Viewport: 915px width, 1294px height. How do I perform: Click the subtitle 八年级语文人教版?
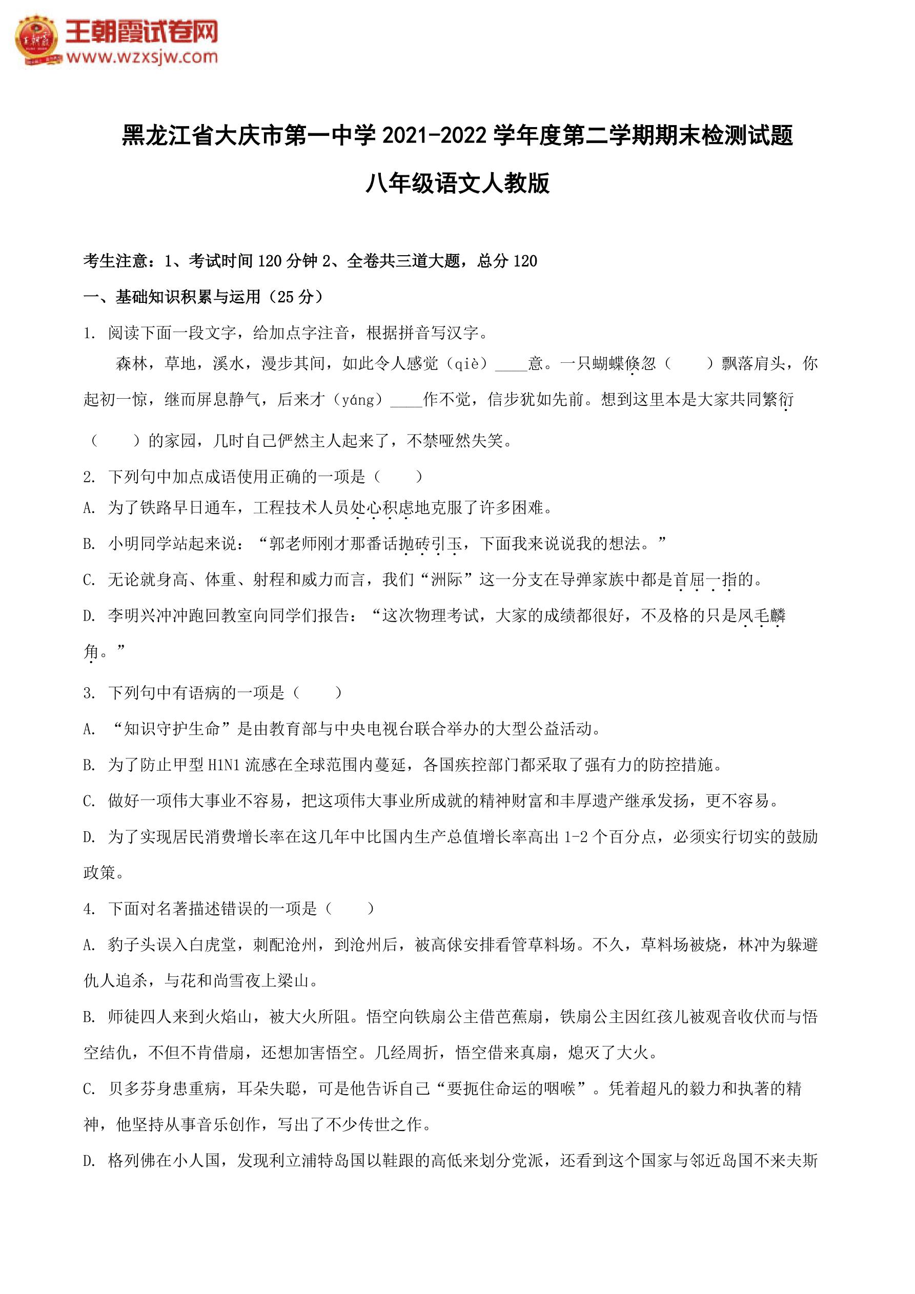(x=457, y=184)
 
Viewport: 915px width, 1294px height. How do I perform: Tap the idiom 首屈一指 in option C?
(x=706, y=580)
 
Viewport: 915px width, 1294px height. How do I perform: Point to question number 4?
(x=89, y=909)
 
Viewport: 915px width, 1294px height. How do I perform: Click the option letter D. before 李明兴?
(x=89, y=616)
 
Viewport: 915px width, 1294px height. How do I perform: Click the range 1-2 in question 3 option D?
(x=576, y=837)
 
